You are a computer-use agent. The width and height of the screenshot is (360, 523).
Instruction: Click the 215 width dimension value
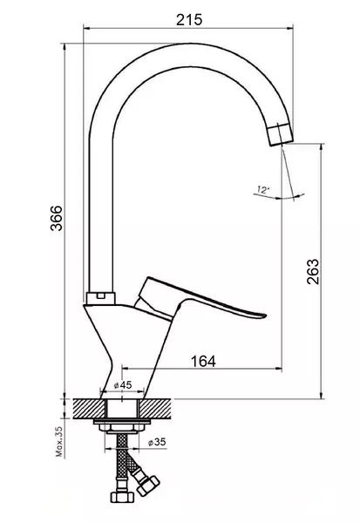pyautogui.click(x=189, y=20)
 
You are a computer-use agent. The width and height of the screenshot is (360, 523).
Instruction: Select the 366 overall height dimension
pyautogui.click(x=56, y=218)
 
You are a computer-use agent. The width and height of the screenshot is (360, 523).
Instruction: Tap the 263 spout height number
pyautogui.click(x=313, y=271)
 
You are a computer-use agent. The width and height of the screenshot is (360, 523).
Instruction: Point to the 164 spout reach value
pyautogui.click(x=203, y=361)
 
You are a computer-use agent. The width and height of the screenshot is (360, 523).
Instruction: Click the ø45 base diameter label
pyautogui.click(x=123, y=385)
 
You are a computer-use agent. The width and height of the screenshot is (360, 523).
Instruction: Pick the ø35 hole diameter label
pyautogui.click(x=157, y=442)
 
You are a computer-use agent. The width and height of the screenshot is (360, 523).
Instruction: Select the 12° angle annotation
pyautogui.click(x=263, y=190)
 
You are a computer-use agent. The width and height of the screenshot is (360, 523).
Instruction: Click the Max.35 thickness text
pyautogui.click(x=59, y=441)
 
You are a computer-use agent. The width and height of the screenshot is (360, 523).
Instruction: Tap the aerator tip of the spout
pyautogui.click(x=281, y=134)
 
